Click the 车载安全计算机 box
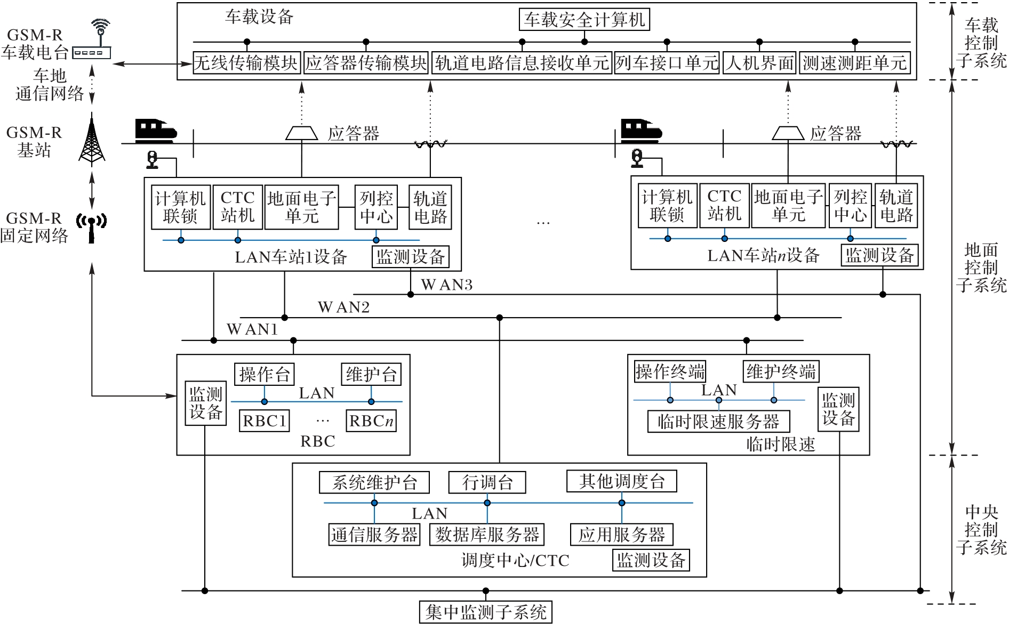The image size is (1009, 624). point(584,20)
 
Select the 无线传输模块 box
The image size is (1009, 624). point(246,63)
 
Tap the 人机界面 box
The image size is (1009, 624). point(759,63)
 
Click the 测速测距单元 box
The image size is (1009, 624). point(854,63)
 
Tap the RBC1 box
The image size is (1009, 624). point(265,421)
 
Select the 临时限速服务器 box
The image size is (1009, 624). point(718,422)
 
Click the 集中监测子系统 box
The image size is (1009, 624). point(485,612)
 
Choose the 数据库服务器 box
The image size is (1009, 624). point(487,534)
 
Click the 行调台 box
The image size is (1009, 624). point(487,482)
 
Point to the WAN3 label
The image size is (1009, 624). point(446,285)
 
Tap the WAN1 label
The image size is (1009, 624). point(252,329)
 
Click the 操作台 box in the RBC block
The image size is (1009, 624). point(264,374)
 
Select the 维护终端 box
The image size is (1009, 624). point(781,371)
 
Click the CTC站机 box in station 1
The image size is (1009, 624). point(237,207)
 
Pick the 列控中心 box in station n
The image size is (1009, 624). point(850,206)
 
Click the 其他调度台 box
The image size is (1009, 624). point(622,481)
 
